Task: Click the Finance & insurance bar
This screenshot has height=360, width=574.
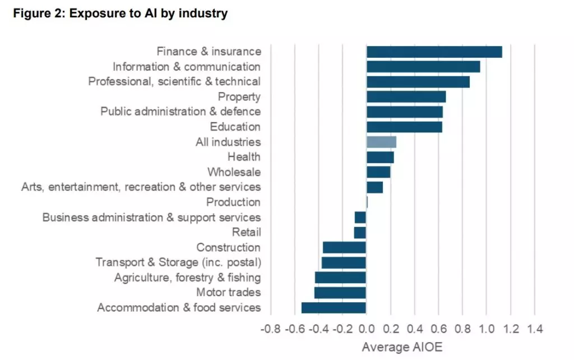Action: (434, 52)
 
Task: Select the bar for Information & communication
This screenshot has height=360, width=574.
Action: (423, 67)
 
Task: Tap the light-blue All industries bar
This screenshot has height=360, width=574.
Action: (381, 142)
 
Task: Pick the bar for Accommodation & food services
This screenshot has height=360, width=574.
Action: (334, 307)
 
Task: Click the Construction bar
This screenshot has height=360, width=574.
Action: (344, 247)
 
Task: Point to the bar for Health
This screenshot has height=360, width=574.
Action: (380, 157)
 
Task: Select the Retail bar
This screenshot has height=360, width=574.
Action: (360, 232)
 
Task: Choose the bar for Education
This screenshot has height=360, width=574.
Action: (404, 127)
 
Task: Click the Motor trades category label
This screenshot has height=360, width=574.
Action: (228, 292)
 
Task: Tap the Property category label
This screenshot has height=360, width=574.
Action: (239, 97)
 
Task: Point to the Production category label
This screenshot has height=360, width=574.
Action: (233, 202)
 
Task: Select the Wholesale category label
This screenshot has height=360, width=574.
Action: (234, 172)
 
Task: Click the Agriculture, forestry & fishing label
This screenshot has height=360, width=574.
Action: (187, 278)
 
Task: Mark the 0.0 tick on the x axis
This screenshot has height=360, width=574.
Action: (366, 329)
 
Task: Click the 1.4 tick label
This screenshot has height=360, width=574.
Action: (535, 329)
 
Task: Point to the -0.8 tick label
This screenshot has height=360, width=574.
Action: (270, 329)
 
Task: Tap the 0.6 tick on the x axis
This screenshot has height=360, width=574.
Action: (438, 329)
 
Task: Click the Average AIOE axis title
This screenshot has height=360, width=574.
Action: (402, 347)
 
